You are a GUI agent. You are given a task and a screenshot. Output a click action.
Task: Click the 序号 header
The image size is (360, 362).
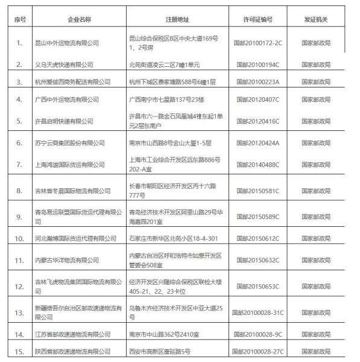point(19,19)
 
